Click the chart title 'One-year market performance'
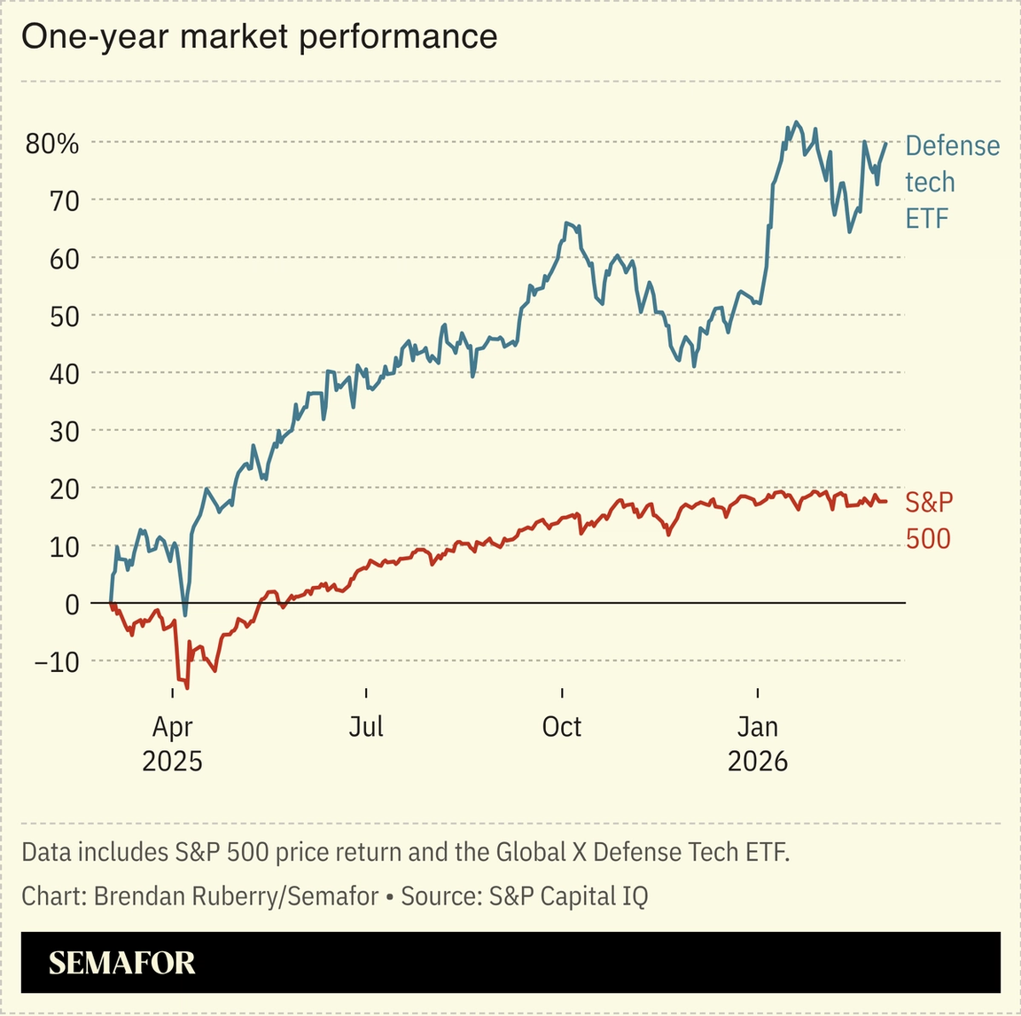[259, 37]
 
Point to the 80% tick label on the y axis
[52, 144]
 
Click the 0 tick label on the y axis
[72, 605]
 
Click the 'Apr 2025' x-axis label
[172, 743]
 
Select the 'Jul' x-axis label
[365, 727]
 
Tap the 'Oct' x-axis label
[561, 727]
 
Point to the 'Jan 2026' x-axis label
[758, 743]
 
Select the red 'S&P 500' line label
[929, 520]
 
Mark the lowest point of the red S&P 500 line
[186, 687]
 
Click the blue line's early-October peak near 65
[566, 223]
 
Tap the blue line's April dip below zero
[184, 614]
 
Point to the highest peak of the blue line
[796, 122]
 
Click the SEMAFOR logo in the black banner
[121, 963]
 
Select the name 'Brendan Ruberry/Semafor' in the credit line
[236, 896]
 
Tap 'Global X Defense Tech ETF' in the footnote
[642, 852]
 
